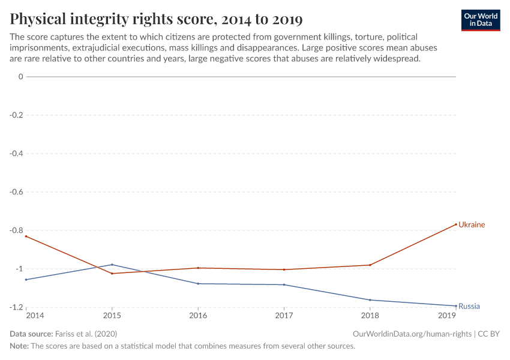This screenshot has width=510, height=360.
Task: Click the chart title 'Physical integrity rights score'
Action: [x=156, y=19]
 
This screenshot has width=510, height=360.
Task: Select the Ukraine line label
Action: [x=472, y=225]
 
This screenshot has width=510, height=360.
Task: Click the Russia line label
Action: [x=469, y=307]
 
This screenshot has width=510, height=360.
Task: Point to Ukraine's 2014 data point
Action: [x=26, y=236]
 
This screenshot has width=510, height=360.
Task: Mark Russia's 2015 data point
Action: [x=112, y=265]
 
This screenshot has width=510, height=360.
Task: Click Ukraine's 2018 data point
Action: [x=370, y=265]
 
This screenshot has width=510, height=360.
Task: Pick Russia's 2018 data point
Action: [x=370, y=300]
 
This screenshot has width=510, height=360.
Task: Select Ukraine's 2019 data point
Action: [x=456, y=224]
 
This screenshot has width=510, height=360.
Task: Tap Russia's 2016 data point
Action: [x=198, y=284]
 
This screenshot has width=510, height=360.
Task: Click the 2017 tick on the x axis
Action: [x=284, y=315]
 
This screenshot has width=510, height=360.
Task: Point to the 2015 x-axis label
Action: [x=112, y=315]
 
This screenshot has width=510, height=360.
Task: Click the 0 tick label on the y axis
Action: [x=20, y=77]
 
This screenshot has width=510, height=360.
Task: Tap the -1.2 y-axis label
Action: [x=15, y=307]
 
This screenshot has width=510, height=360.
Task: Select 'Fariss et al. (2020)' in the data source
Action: [x=86, y=334]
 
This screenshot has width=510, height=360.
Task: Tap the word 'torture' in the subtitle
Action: [x=368, y=37]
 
